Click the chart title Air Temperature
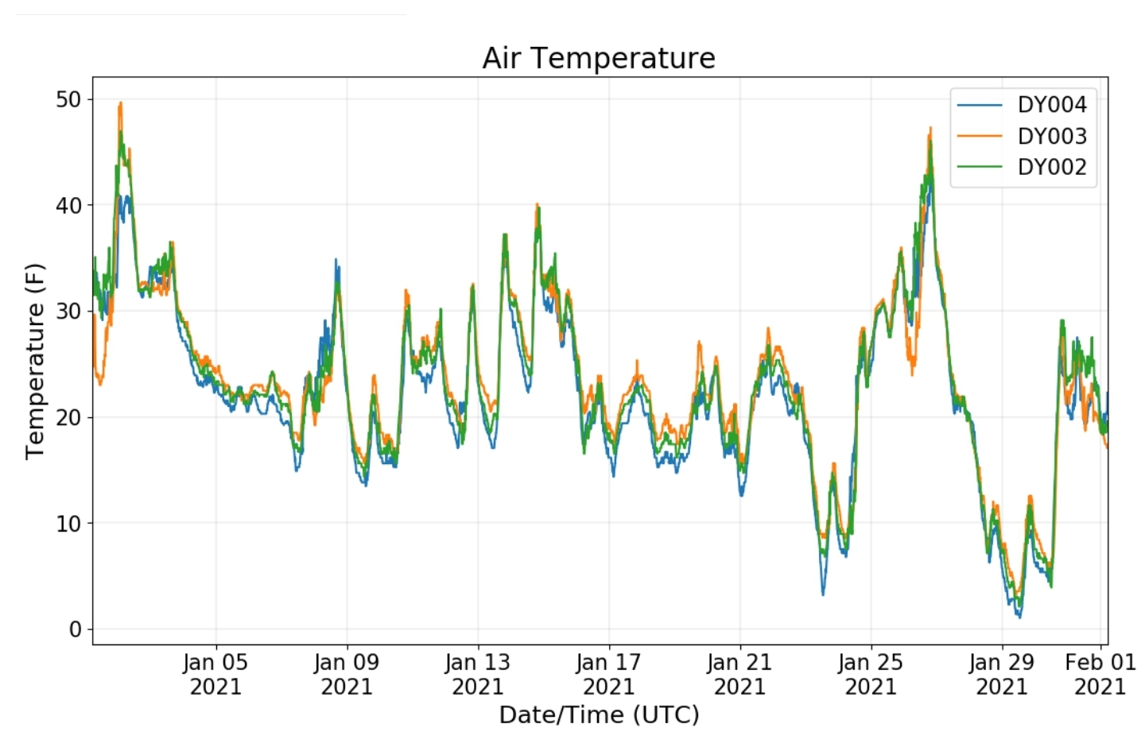click(599, 58)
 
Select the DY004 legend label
click(1051, 105)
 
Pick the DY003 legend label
click(1051, 136)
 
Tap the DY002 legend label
click(1051, 167)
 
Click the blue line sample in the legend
click(980, 105)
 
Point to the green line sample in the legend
click(980, 167)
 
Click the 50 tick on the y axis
click(68, 99)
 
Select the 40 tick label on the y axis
click(68, 205)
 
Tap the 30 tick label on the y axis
click(68, 311)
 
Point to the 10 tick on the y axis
click(68, 523)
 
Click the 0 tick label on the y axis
click(76, 629)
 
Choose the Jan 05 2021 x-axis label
click(215, 674)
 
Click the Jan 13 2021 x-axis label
click(477, 674)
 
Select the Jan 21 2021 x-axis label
click(739, 674)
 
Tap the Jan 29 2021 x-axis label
click(1001, 674)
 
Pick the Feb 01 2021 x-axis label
click(1100, 674)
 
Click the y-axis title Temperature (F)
click(35, 361)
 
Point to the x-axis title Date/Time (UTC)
click(599, 715)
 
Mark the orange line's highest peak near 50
click(120, 103)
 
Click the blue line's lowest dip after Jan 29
click(1019, 617)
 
